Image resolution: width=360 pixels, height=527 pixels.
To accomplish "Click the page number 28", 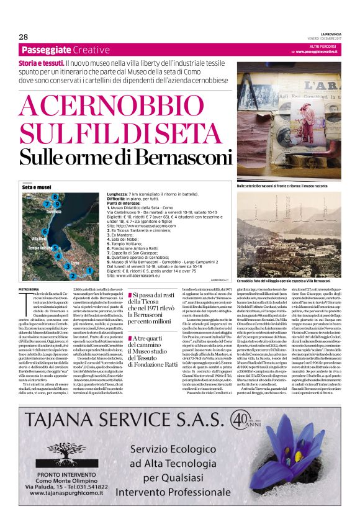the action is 23,37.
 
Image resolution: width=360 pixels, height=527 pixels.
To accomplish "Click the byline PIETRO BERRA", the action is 29,289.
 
